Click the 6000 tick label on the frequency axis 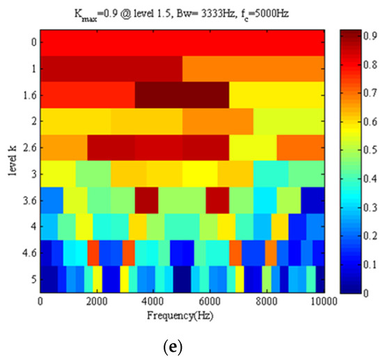point(210,300)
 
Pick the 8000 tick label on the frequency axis point(267,300)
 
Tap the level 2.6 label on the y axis point(26,148)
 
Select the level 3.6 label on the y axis point(26,200)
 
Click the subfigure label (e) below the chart point(190,345)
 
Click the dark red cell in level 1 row point(111,69)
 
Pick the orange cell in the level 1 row point(253,69)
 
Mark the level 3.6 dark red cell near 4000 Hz point(146,200)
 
